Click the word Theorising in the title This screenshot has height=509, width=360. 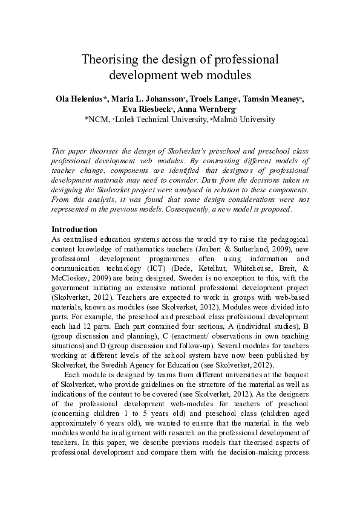coord(110,60)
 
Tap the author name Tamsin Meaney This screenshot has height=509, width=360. coord(275,99)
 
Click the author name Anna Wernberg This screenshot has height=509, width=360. coord(206,109)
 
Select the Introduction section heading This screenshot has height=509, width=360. coord(74,230)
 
